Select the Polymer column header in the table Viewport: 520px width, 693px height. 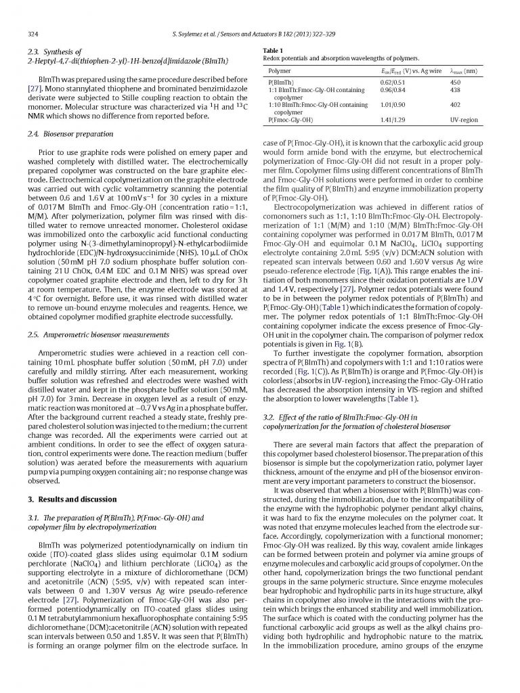pos(280,71)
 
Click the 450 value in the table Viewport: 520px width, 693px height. pos(456,83)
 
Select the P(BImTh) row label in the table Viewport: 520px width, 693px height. pos(282,83)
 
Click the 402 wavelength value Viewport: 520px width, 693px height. pos(456,105)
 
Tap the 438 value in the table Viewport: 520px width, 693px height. pos(456,90)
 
